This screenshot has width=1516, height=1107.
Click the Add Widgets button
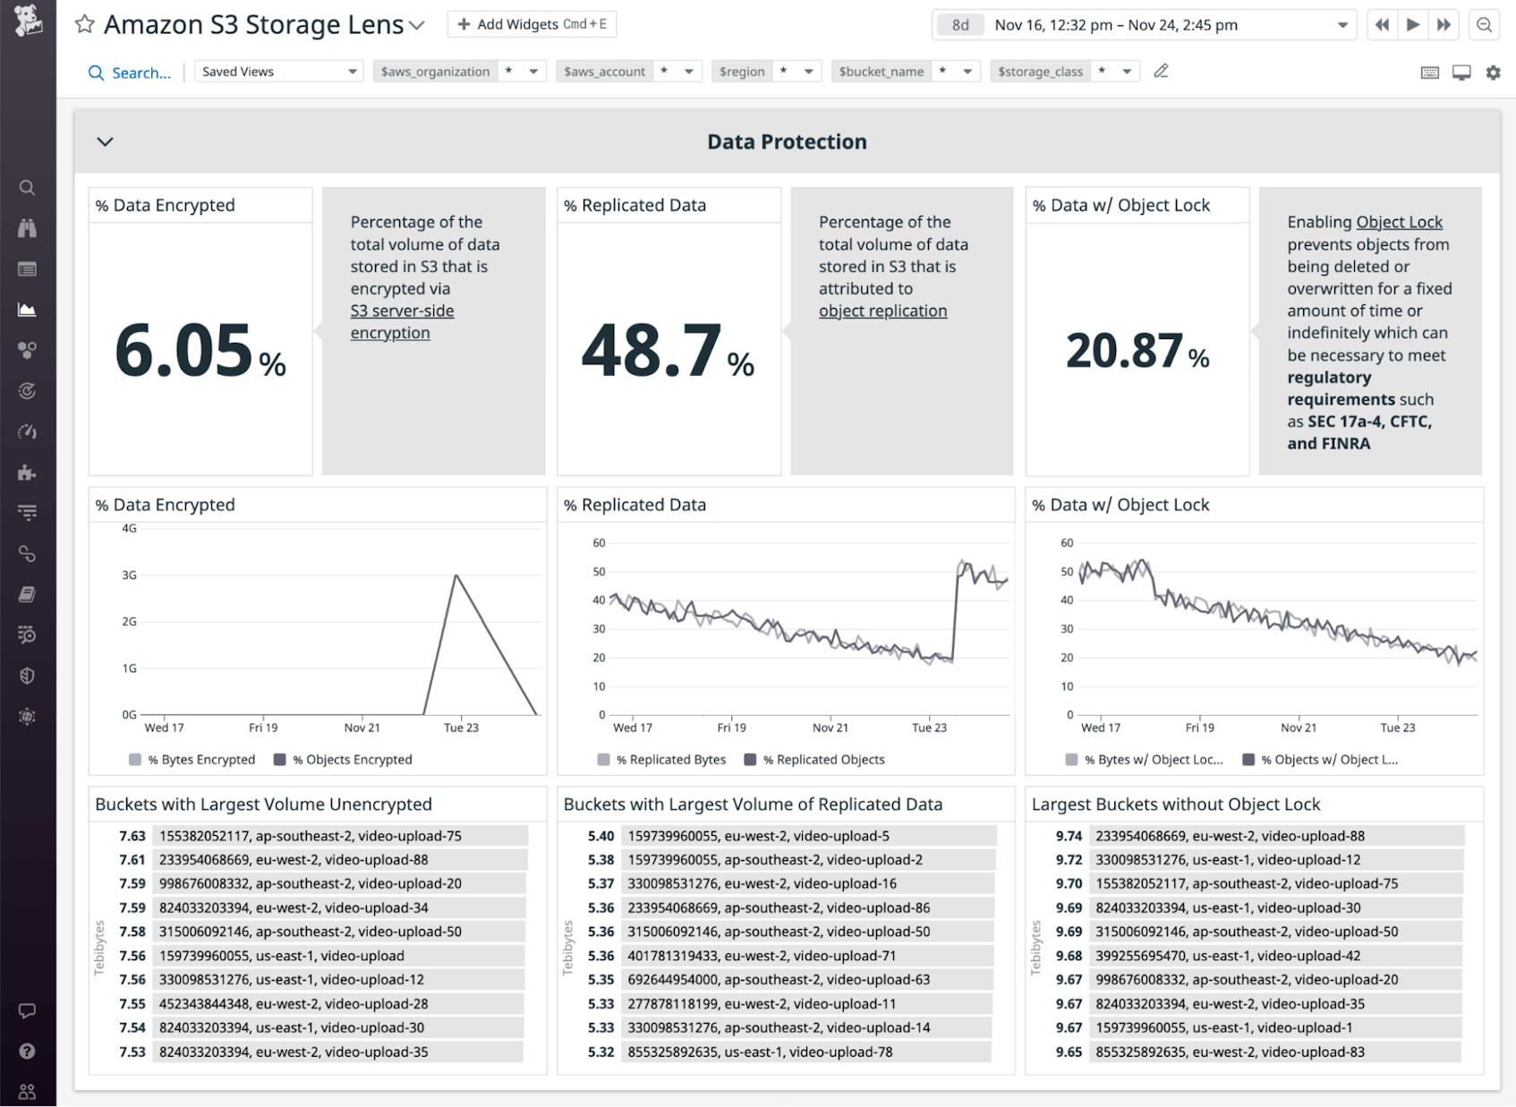tap(532, 24)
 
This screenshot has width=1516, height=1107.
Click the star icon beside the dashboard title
tap(85, 24)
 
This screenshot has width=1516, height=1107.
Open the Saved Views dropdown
tap(279, 72)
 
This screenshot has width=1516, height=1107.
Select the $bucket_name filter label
tap(881, 72)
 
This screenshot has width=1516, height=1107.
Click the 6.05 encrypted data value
tap(184, 350)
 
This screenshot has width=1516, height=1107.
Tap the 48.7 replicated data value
tap(652, 350)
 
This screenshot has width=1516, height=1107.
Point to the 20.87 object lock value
tap(1124, 350)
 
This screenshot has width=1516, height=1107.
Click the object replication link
tap(882, 311)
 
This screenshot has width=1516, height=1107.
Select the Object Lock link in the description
tap(1399, 222)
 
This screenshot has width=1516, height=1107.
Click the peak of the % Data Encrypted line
tap(456, 575)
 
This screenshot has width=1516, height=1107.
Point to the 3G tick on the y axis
tap(130, 575)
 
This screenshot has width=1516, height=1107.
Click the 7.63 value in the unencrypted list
tap(132, 836)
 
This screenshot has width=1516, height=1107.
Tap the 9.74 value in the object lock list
tap(1069, 836)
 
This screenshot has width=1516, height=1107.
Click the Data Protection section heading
tap(787, 141)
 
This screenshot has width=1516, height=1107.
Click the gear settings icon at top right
tap(1493, 72)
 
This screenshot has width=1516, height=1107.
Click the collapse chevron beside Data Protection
tap(105, 141)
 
